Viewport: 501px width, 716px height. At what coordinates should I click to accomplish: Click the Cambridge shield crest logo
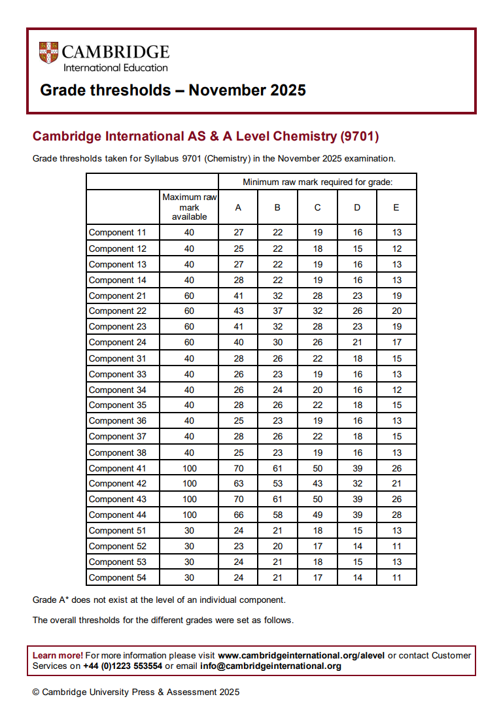coord(48,52)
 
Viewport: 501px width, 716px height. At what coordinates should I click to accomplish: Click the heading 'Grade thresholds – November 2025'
coord(173,90)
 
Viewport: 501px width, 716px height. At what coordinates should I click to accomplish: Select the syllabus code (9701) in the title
coord(359,137)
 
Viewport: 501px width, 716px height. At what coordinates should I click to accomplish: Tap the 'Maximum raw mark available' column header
coord(189,207)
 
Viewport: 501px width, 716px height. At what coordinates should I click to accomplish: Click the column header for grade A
coord(238,207)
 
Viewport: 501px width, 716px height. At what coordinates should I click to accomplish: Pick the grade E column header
coord(396,207)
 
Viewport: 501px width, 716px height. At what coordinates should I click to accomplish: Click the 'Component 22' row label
coord(118,311)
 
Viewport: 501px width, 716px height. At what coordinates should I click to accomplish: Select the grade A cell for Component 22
coord(238,311)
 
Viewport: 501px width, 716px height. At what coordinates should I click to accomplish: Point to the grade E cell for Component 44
coord(396,515)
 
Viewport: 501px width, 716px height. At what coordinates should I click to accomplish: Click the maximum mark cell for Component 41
coord(189,468)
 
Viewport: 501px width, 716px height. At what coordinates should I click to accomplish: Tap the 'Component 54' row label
coord(118,578)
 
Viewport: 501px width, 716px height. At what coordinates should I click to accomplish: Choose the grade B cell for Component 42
coord(277,484)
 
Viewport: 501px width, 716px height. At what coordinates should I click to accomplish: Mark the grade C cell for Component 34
coord(317,390)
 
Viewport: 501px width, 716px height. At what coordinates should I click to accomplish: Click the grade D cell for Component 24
coord(357,343)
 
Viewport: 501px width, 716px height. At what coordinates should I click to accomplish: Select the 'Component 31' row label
coord(118,358)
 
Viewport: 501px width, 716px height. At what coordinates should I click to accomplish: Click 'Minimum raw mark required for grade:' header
coord(317,182)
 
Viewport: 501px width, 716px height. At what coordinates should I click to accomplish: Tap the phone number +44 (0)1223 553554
coord(123,666)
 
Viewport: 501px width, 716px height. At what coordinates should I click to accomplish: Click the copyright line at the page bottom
coord(136,692)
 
